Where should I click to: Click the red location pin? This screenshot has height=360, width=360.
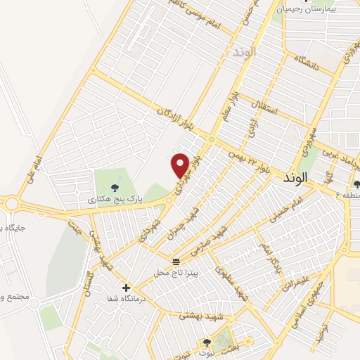click(181, 166)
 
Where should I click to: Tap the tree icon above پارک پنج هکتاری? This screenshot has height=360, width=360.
click(115, 187)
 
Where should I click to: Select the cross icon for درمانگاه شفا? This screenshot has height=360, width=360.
click(126, 288)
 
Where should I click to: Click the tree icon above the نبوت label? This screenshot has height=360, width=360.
click(206, 342)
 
